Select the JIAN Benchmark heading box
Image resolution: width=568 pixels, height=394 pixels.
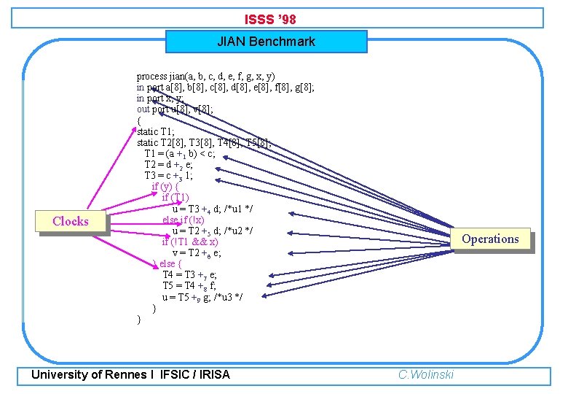point(266,42)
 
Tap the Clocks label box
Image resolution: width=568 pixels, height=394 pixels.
point(71,222)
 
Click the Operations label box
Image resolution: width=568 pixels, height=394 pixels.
point(490,239)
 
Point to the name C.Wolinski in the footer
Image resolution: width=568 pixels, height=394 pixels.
point(426,374)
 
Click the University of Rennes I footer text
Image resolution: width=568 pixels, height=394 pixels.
point(130,374)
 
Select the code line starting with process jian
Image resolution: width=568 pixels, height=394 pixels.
point(206,76)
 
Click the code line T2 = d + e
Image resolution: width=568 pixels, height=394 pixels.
point(168,165)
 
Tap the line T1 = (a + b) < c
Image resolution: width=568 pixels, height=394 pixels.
point(179,154)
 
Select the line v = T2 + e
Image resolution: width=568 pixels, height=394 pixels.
point(197,253)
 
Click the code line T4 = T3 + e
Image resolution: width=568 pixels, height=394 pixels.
point(189,275)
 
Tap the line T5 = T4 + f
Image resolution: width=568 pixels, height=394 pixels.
point(189,286)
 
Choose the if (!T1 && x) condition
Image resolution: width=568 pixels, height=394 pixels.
point(190,242)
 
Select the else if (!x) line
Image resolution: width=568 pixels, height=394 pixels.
point(183,220)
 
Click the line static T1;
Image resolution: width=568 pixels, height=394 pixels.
point(154,131)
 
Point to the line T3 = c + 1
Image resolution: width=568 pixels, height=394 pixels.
point(168,176)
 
